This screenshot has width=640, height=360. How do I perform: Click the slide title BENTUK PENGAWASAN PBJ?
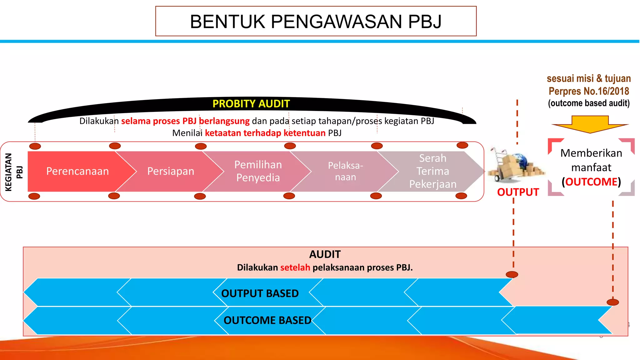click(x=316, y=22)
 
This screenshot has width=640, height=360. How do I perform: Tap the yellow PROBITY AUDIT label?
click(x=251, y=104)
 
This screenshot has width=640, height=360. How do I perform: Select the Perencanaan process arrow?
click(x=77, y=171)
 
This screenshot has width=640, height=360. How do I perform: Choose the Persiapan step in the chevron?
click(x=171, y=171)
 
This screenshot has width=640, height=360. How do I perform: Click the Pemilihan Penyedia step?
click(x=258, y=171)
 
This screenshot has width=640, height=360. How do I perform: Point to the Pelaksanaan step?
click(x=345, y=171)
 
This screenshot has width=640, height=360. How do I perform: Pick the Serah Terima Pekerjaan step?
click(x=433, y=171)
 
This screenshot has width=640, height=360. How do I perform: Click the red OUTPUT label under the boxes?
click(x=518, y=192)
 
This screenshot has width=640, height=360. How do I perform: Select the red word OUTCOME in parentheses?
click(x=591, y=182)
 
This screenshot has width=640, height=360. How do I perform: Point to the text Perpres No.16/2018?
click(x=589, y=91)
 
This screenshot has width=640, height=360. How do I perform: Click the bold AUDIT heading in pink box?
click(x=325, y=254)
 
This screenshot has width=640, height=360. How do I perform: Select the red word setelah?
click(x=295, y=267)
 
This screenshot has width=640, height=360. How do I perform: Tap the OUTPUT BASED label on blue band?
click(x=260, y=293)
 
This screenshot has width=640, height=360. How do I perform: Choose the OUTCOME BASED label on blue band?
click(x=267, y=320)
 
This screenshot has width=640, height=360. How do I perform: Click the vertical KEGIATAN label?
click(x=8, y=172)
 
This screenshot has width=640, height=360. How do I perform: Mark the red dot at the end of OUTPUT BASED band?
click(x=512, y=275)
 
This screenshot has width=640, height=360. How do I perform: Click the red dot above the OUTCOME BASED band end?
click(x=612, y=302)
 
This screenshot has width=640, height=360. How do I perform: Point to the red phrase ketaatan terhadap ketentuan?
click(x=265, y=133)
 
